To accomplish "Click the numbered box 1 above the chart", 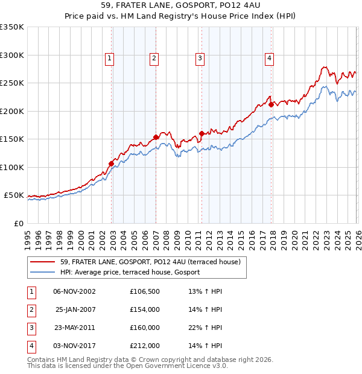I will [x=109, y=59].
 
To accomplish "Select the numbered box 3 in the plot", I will [x=199, y=59].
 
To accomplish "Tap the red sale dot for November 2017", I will [x=271, y=104].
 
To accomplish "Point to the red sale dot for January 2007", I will [x=156, y=137].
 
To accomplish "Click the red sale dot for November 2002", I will [x=111, y=163].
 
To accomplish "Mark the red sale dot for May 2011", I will [x=202, y=134].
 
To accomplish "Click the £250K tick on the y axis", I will [x=11, y=83].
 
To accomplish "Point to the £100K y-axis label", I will [x=11, y=167].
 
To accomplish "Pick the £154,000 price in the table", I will [x=145, y=309].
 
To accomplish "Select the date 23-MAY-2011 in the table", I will [x=74, y=328].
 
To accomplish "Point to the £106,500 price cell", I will [x=145, y=291].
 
